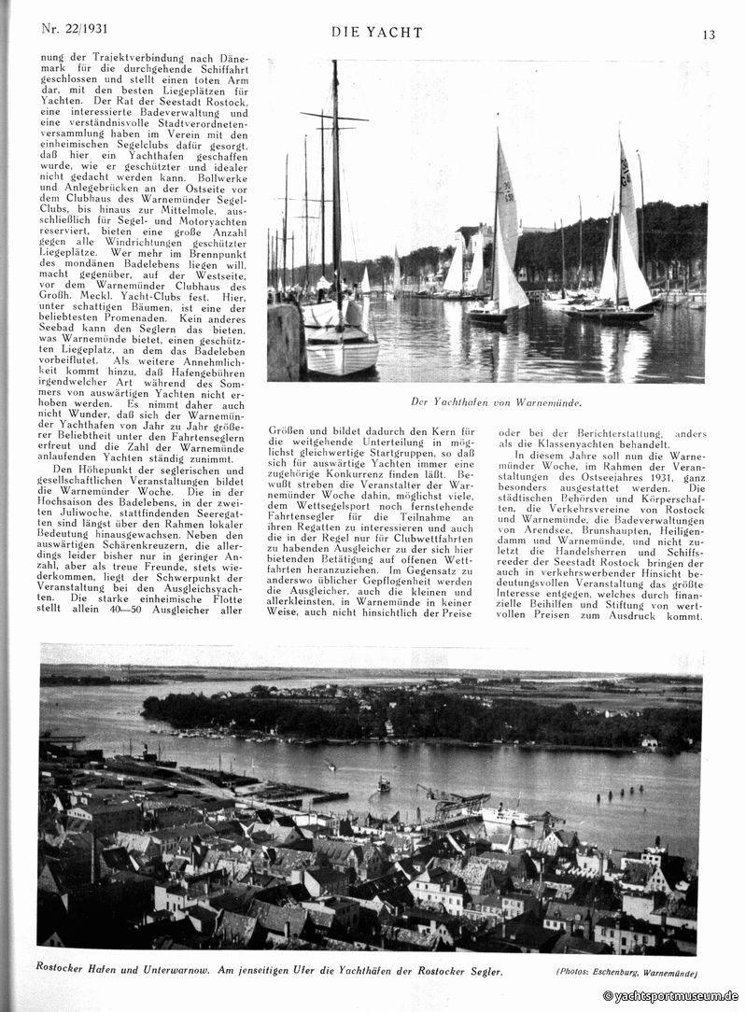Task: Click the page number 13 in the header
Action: click(x=709, y=35)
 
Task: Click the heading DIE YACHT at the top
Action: click(x=376, y=33)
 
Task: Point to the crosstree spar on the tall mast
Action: click(x=333, y=117)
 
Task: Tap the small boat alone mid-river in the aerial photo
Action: click(x=383, y=783)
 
